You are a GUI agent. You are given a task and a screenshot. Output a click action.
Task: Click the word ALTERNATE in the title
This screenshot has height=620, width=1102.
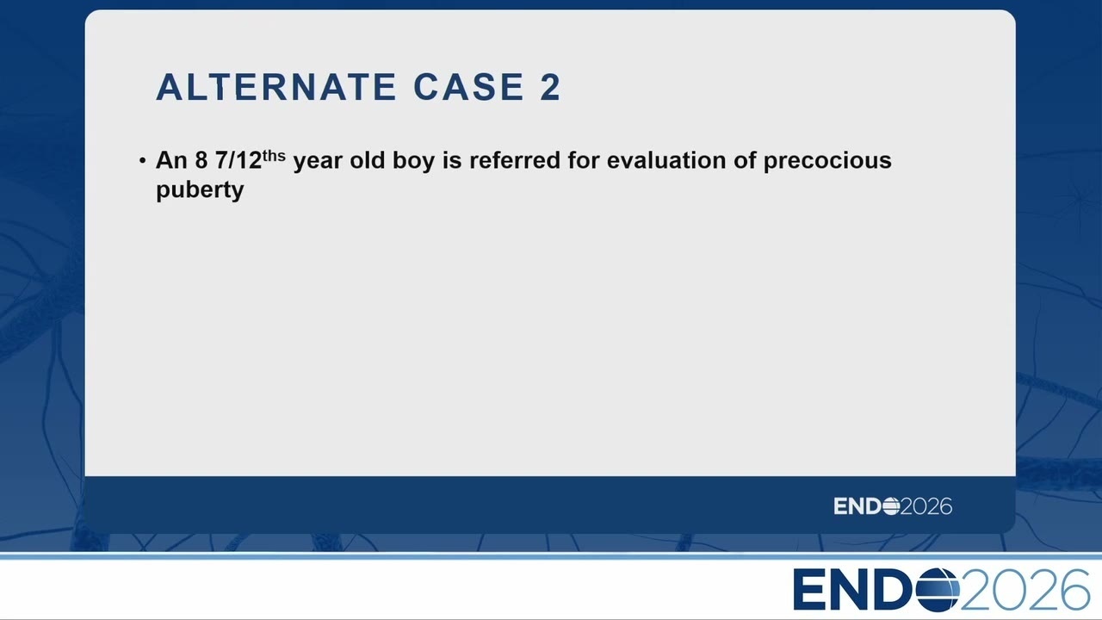tap(276, 87)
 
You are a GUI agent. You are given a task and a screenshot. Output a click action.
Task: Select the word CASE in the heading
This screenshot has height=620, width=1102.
tap(469, 87)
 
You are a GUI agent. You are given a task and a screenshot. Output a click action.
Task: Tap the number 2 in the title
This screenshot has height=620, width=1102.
tap(550, 87)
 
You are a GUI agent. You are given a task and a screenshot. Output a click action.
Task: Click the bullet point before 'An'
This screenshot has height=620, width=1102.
tap(143, 160)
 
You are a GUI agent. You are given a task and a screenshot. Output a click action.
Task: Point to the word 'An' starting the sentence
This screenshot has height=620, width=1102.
tap(171, 160)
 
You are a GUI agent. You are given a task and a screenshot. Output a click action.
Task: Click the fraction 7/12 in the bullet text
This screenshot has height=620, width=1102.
tap(238, 160)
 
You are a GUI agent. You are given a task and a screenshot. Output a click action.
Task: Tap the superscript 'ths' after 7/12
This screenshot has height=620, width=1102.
tap(274, 156)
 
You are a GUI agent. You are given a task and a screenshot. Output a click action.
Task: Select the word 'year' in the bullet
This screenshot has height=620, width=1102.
tap(318, 162)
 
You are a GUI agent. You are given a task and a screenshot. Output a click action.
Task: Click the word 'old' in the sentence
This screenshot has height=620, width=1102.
tap(368, 160)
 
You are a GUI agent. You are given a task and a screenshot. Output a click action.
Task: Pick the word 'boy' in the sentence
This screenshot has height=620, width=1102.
tap(414, 162)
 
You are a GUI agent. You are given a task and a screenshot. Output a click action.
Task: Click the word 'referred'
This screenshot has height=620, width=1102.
tap(515, 160)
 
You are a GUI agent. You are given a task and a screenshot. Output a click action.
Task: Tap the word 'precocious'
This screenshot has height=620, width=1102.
tap(827, 162)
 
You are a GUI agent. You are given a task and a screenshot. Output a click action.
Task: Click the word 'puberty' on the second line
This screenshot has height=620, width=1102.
tap(200, 191)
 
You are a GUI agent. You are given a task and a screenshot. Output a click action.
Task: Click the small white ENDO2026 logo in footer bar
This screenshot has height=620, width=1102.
tap(893, 506)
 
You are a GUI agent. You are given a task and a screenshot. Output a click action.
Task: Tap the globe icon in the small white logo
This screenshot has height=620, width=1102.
tap(891, 506)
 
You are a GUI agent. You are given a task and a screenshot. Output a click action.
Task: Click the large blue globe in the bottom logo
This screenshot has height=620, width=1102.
tap(938, 590)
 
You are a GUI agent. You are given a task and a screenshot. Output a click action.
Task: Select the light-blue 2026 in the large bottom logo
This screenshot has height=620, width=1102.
tap(1025, 590)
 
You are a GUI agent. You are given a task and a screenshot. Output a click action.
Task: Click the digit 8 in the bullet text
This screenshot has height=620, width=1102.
tap(201, 160)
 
